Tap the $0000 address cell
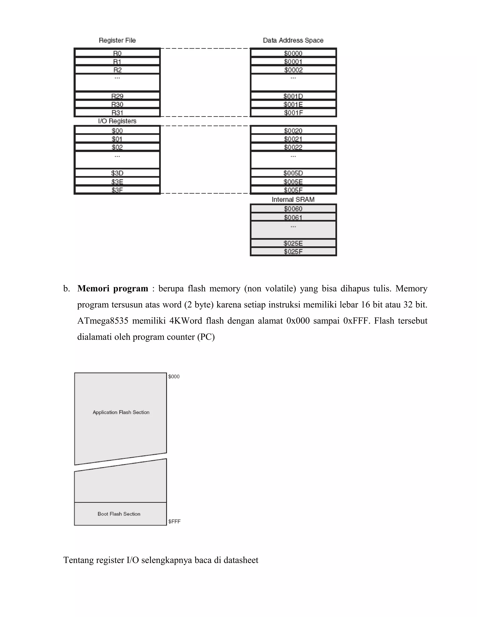[293, 53]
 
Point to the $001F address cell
[293, 113]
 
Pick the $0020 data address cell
[293, 131]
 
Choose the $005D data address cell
[293, 173]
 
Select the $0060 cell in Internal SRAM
[293, 209]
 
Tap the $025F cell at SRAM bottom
[293, 251]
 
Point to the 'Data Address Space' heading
[293, 41]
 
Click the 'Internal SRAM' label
[293, 200]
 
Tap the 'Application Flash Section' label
[121, 412]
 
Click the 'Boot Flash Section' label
[119, 514]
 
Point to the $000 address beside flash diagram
[174, 376]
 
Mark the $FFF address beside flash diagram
[174, 522]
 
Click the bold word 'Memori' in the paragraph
[93, 288]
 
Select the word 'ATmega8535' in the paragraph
[102, 321]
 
